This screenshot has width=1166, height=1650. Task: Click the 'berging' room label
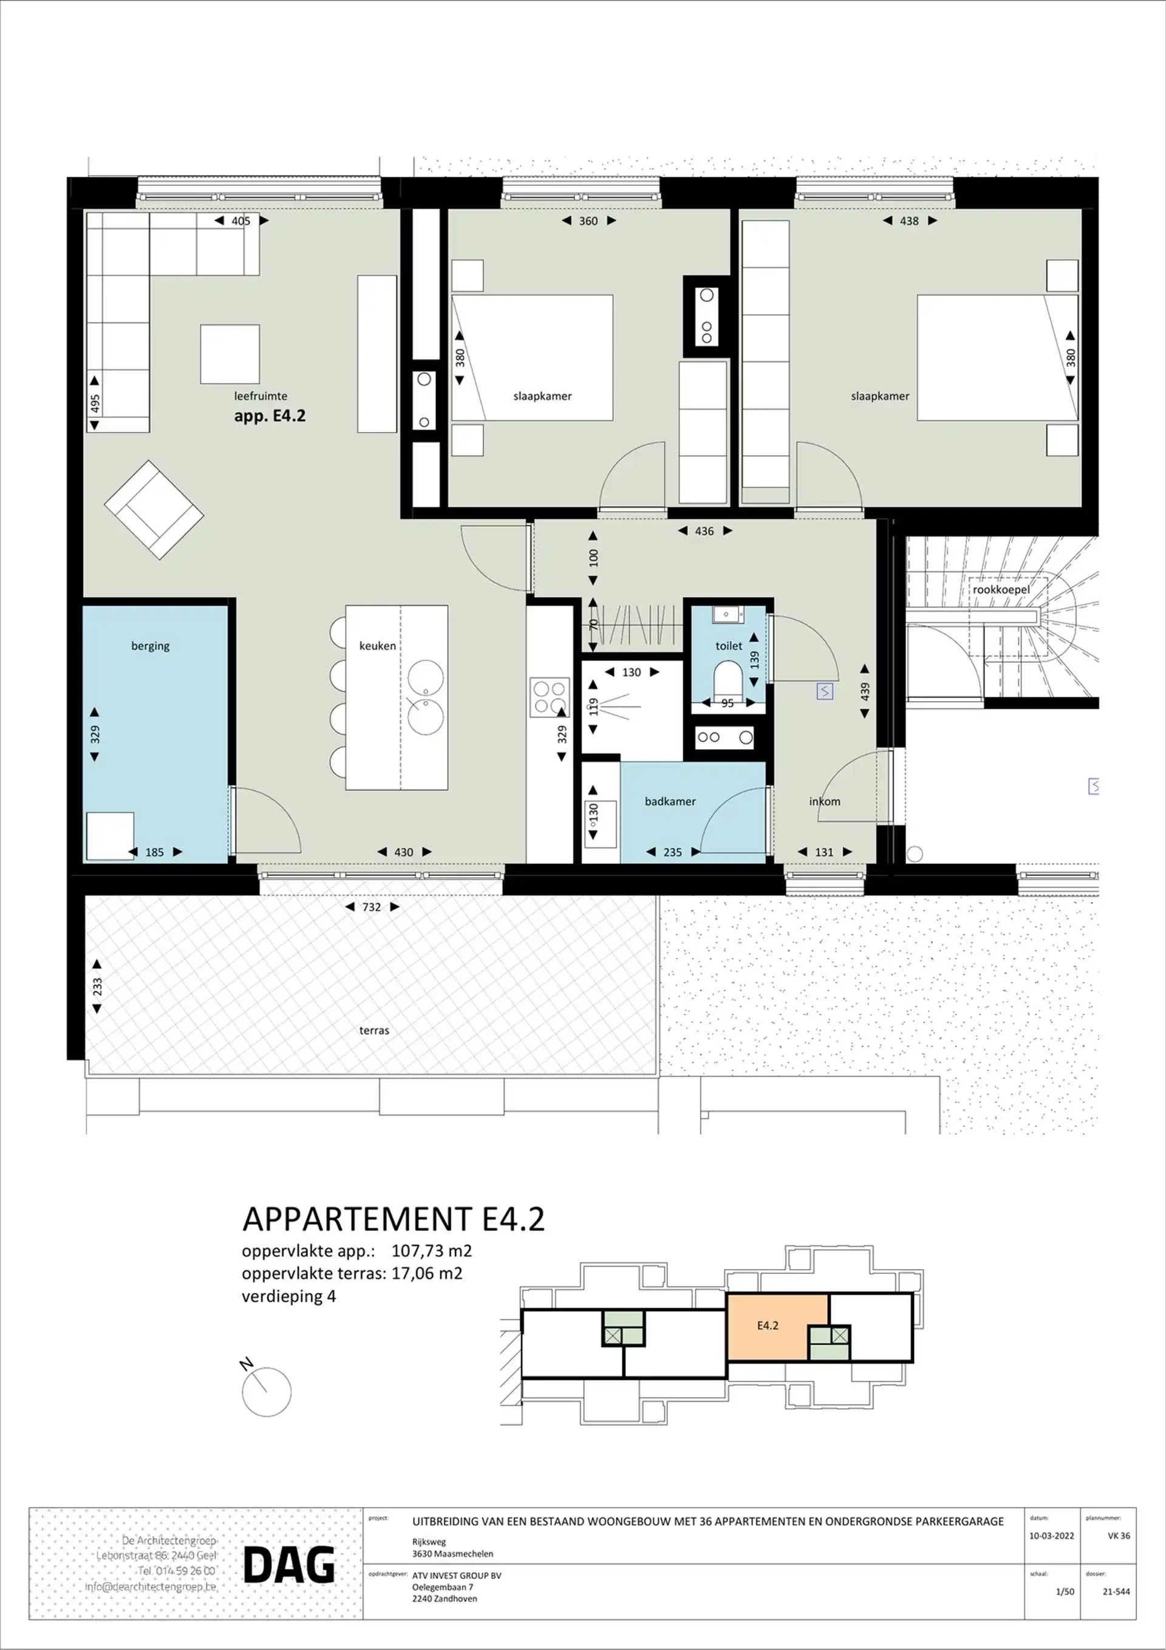[x=150, y=645]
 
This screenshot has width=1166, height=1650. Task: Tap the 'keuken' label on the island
[x=377, y=645]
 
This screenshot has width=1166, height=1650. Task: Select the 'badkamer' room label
[x=670, y=801]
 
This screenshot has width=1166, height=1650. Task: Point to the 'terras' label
[x=373, y=1030]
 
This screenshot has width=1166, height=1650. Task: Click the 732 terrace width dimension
[x=372, y=907]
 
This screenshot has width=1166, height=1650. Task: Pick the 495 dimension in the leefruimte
[x=95, y=403]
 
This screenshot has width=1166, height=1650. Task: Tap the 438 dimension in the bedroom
[x=909, y=221]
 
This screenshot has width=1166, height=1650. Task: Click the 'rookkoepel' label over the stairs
[x=1001, y=589]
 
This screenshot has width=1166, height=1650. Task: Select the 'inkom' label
[x=824, y=801]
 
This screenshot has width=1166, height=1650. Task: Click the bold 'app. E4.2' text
[x=270, y=416]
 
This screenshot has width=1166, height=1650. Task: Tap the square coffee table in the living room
[x=230, y=354]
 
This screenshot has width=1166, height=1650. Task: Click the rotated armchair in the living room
[x=154, y=510]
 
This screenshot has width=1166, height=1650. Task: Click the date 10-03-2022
[x=1051, y=1536]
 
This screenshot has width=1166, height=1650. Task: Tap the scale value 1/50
[x=1065, y=1591]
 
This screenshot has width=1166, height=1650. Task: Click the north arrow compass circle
[x=267, y=1392]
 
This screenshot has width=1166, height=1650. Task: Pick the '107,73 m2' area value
[x=431, y=1250]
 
